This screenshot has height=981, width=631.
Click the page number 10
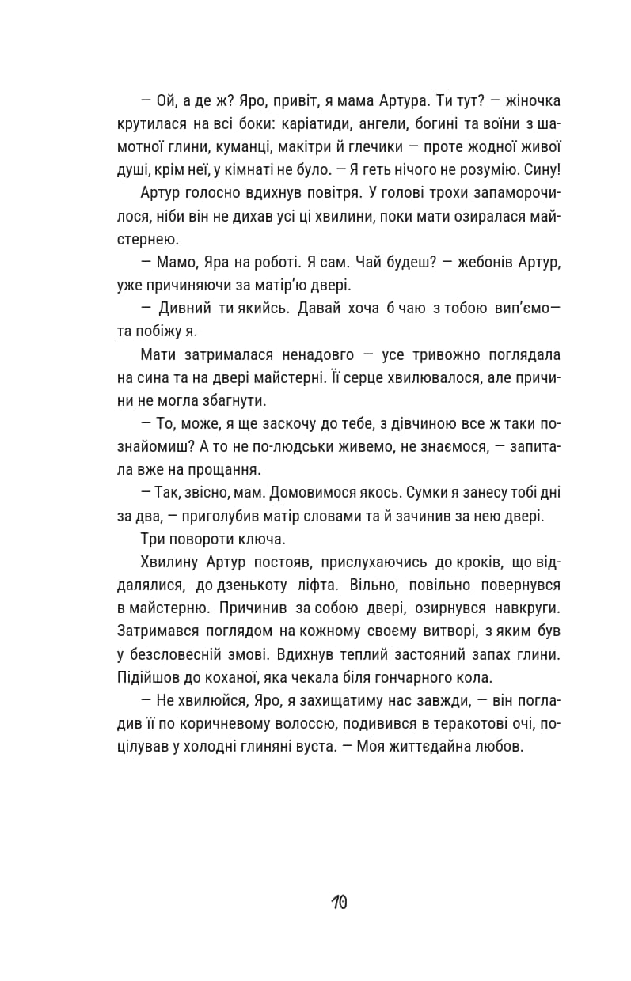pyautogui.click(x=339, y=902)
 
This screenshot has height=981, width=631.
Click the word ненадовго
pyautogui.click(x=304, y=355)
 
